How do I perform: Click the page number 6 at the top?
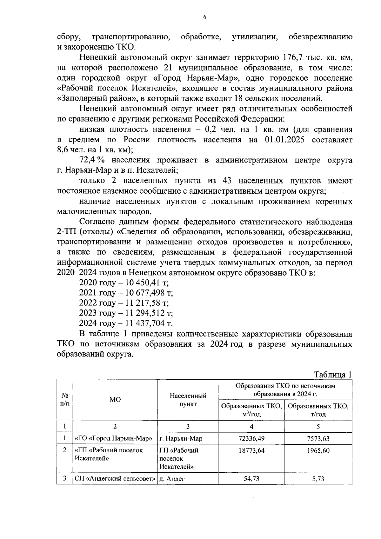pos(204,17)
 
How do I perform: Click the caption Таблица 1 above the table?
pos(333,375)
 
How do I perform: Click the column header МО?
pos(115,400)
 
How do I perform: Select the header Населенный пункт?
pos(188,400)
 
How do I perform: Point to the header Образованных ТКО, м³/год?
pos(251,410)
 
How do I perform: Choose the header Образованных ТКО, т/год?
pos(318,410)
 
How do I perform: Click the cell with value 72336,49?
pos(251,438)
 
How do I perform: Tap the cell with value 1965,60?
pos(318,450)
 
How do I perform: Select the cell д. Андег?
pos(172,479)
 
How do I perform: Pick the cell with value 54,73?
pos(251,479)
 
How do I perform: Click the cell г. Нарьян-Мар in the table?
pos(181,438)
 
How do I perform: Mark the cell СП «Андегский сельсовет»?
pos(115,479)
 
